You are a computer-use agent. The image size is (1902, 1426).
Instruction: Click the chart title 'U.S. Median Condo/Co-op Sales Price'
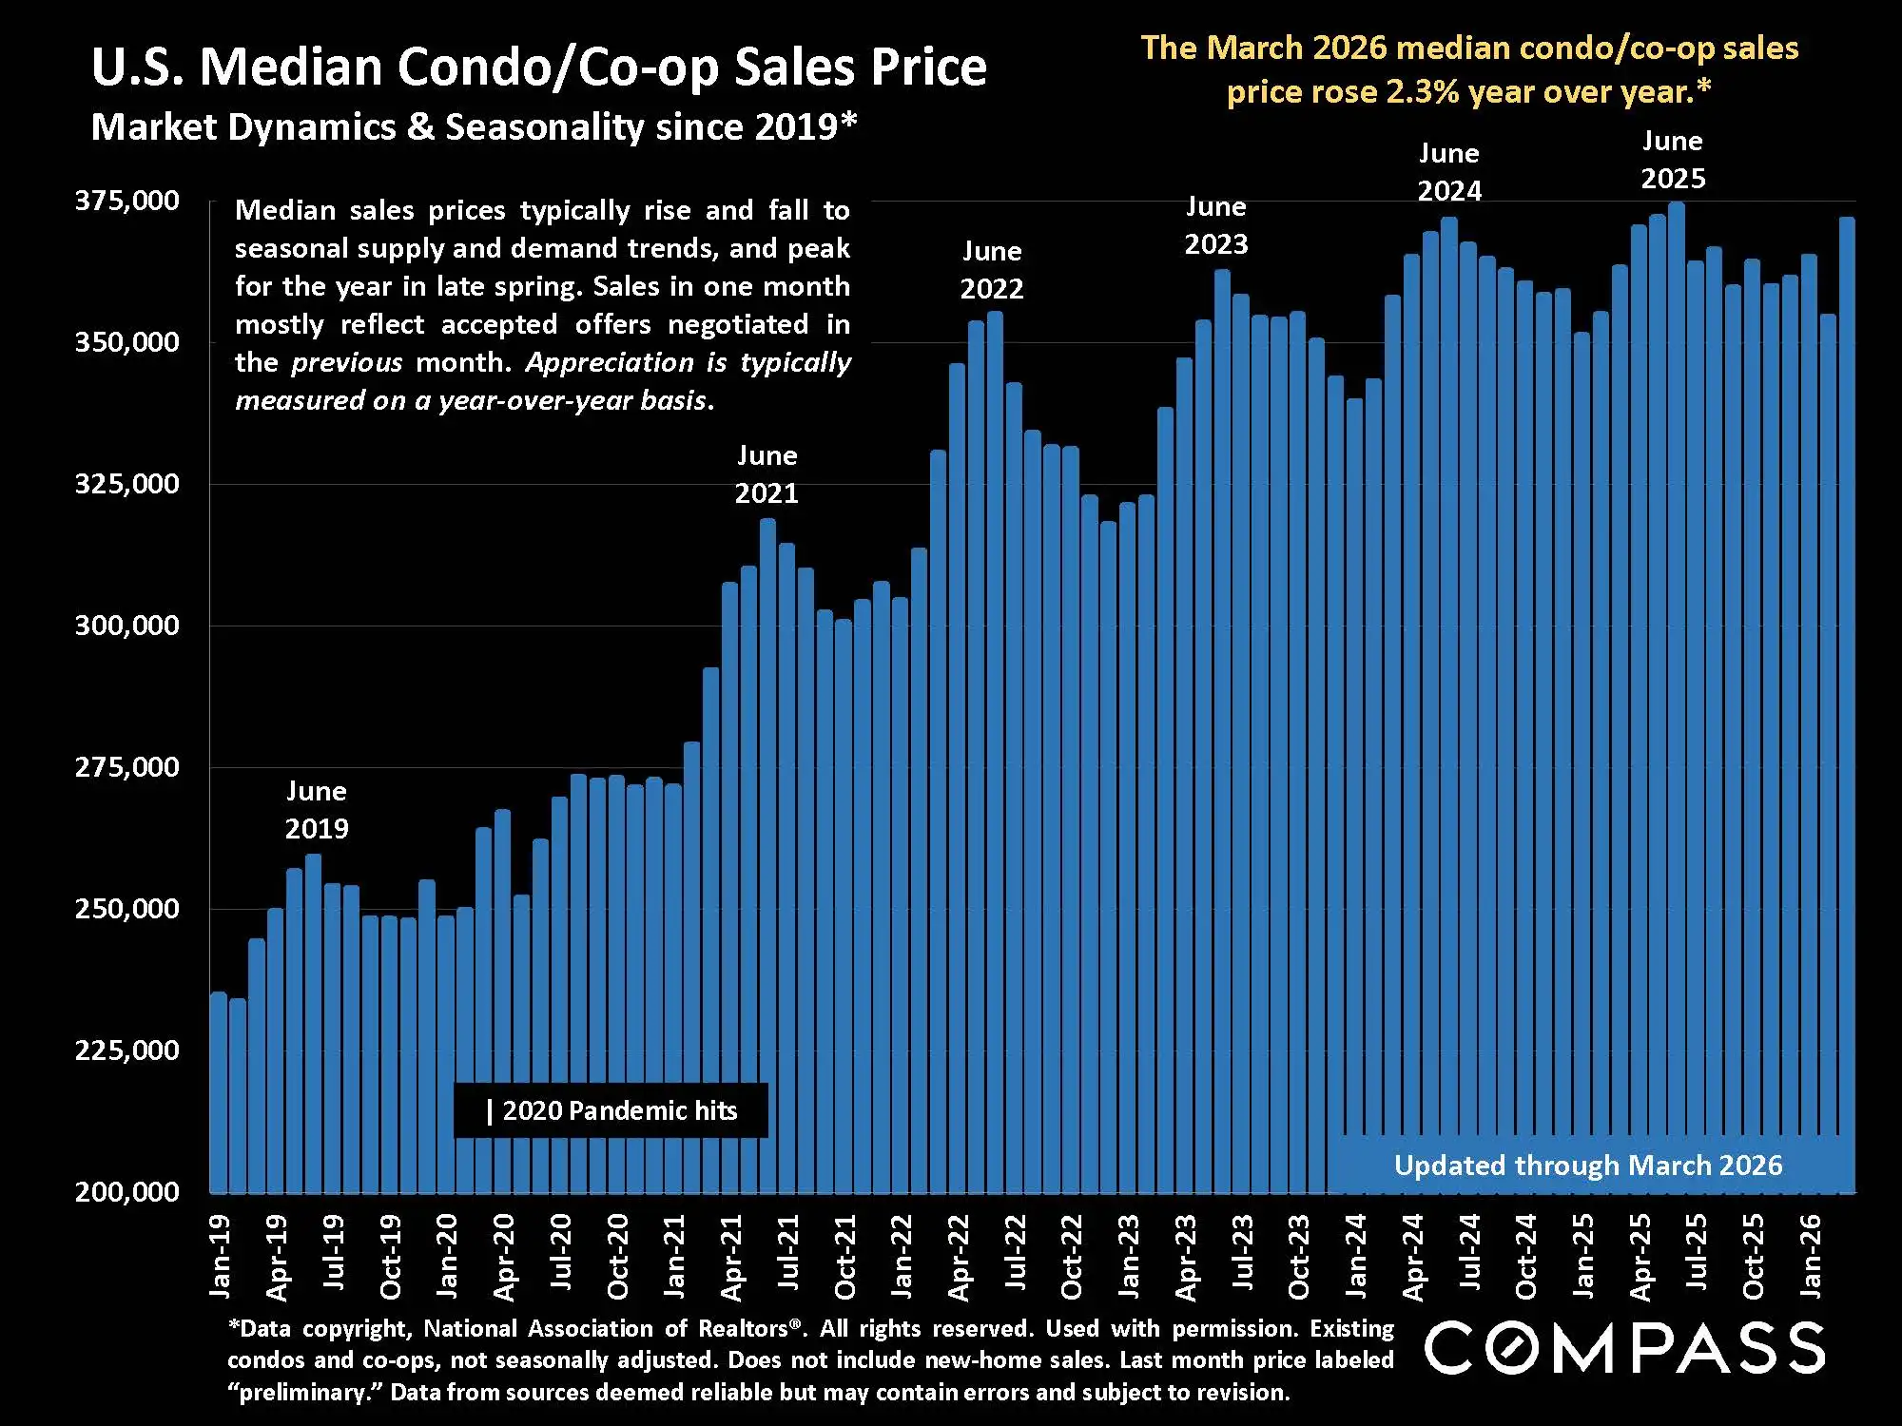pos(538,67)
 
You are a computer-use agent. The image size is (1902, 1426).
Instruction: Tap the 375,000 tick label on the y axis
pos(126,201)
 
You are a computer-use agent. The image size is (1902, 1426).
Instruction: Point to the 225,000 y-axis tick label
pos(126,1050)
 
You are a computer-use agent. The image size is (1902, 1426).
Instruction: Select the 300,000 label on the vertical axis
pos(126,626)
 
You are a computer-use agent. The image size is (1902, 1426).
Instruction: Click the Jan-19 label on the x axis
pos(220,1256)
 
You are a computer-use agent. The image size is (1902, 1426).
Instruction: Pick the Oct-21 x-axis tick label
pos(844,1257)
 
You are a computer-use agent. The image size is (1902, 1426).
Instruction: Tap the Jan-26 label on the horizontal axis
pos(1811,1256)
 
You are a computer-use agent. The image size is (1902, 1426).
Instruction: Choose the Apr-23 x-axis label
pos(1185,1257)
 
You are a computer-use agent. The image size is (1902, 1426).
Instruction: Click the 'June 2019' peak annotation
pos(317,810)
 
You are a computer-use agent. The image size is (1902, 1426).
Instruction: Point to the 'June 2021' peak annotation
pos(767,474)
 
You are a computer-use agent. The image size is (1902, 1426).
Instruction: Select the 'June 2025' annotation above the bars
pos(1673,160)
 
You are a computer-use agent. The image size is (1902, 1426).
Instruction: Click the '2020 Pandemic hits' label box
pos(611,1110)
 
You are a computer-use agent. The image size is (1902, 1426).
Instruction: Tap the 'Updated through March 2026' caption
pos(1587,1166)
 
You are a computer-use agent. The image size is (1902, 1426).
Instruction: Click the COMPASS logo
pos(1623,1348)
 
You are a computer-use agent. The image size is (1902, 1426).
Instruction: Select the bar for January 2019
pos(219,1093)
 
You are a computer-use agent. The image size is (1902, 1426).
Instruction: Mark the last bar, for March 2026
pos(1847,665)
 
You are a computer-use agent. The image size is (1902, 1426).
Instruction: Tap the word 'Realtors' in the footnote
pos(743,1329)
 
